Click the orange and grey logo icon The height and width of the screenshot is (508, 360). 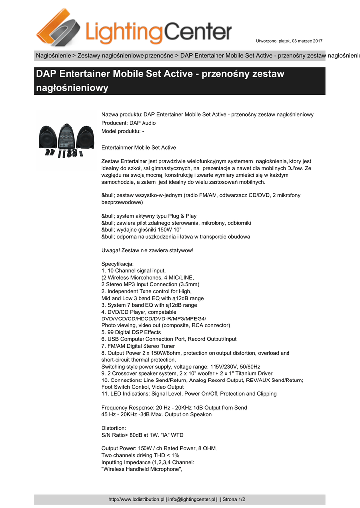pyautogui.click(x=59, y=27)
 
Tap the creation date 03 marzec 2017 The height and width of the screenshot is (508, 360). pyautogui.click(x=304, y=40)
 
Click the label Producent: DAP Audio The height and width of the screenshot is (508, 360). pyautogui.click(x=128, y=123)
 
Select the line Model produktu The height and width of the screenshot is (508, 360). pyautogui.click(x=123, y=131)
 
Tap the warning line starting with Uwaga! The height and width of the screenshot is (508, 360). pyautogui.click(x=147, y=250)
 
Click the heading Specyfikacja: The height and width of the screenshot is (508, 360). pyautogui.click(x=117, y=264)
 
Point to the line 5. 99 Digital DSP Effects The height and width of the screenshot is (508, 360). pyautogui.click(x=131, y=332)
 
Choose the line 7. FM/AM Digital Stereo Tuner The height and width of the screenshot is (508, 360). pyautogui.click(x=138, y=346)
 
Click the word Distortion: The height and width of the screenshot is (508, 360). pyautogui.click(x=114, y=428)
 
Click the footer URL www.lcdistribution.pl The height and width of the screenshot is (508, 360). pyautogui.click(x=136, y=499)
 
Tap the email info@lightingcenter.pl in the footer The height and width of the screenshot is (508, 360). pyautogui.click(x=192, y=499)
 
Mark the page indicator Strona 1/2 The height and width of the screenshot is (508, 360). pyautogui.click(x=233, y=499)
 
